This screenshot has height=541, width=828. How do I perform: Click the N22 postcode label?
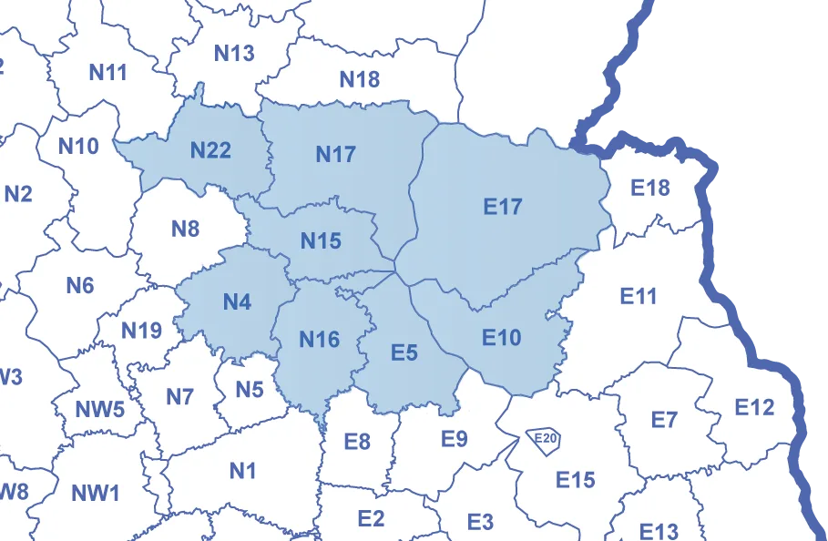[x=210, y=150]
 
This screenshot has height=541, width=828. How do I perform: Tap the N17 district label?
[x=335, y=155]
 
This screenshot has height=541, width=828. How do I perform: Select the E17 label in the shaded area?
[x=503, y=208]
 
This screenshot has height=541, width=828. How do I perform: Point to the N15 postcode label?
[x=321, y=241]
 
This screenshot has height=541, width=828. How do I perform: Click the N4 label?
[x=237, y=302]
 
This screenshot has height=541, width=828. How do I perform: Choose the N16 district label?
[x=319, y=341]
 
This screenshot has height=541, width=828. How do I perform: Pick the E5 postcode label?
[x=404, y=352]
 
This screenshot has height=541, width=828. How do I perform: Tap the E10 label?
[x=501, y=339]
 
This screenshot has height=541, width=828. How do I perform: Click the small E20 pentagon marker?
[x=546, y=440]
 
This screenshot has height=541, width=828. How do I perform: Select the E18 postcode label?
[x=650, y=189]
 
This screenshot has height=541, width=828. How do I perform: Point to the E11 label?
[x=638, y=296]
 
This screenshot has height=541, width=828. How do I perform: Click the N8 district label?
[x=185, y=229]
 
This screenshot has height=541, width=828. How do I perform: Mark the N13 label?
[x=234, y=54]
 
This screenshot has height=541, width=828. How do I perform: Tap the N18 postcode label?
[x=359, y=80]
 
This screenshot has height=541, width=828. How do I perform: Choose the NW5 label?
[x=99, y=409]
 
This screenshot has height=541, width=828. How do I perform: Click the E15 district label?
[x=575, y=479]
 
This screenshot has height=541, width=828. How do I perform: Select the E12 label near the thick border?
[x=754, y=407]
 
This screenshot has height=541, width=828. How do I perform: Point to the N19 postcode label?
[x=141, y=331]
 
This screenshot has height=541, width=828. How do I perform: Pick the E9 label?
[x=454, y=439]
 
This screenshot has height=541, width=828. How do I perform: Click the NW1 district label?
[x=96, y=495]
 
